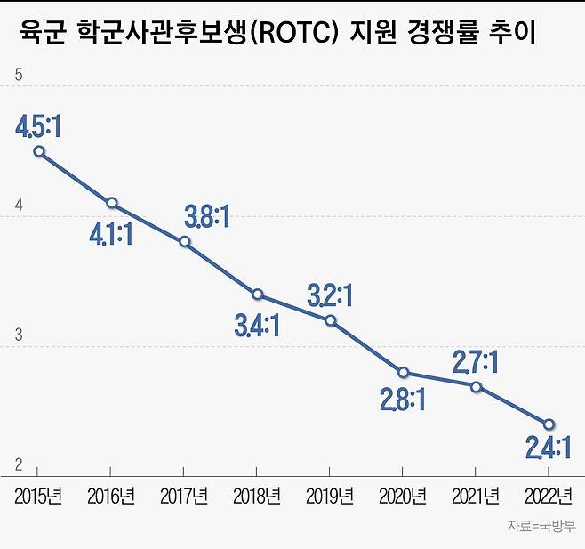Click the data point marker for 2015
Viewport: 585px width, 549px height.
(38, 151)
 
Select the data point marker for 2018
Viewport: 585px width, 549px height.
(257, 295)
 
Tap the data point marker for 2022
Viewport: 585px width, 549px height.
(549, 424)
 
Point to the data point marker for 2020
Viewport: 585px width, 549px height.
(403, 372)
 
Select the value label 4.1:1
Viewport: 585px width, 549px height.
(110, 235)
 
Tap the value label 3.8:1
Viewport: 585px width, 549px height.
(206, 216)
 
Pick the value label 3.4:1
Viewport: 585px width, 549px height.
(257, 326)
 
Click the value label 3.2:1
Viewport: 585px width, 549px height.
(330, 295)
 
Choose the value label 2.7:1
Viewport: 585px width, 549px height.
(476, 361)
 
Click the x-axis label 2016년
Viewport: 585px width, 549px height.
(111, 495)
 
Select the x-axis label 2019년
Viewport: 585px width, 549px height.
(330, 495)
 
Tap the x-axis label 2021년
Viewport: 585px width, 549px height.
(476, 495)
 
